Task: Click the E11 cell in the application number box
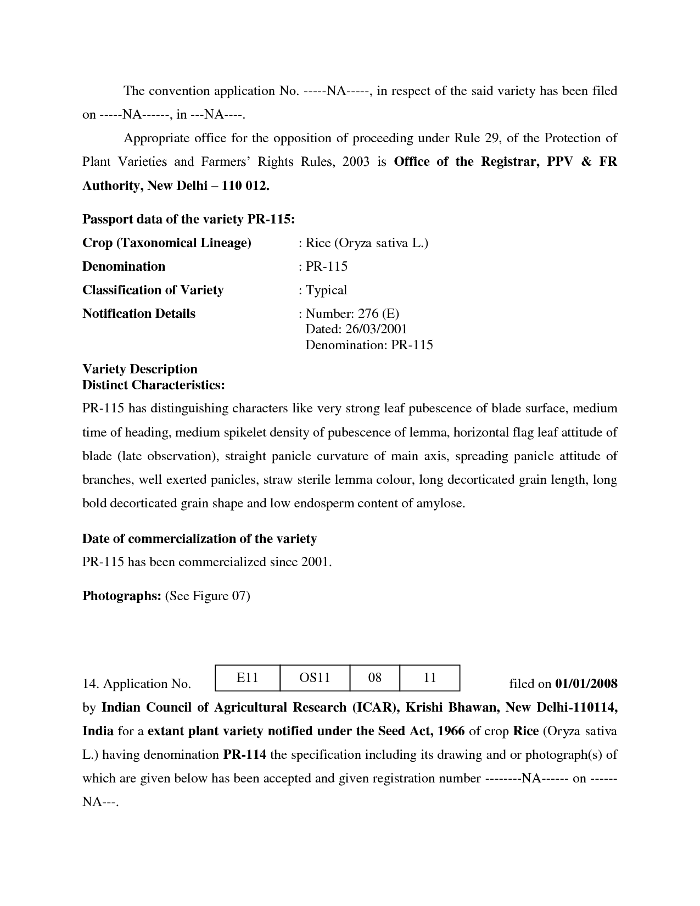pos(247,678)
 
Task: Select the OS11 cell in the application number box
pos(315,678)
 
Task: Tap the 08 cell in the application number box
pos(375,678)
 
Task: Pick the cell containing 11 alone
pos(430,678)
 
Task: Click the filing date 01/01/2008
pos(586,684)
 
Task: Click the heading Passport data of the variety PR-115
pos(188,219)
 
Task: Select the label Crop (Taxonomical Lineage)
pos(166,243)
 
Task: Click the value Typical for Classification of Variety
pos(326,290)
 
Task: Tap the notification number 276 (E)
pos(378,314)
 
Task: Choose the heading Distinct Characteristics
pos(153,385)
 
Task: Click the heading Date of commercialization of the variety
pos(199,539)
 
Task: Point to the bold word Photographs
pos(121,596)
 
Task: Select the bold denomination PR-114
pos(244,754)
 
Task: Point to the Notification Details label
pos(139,314)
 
